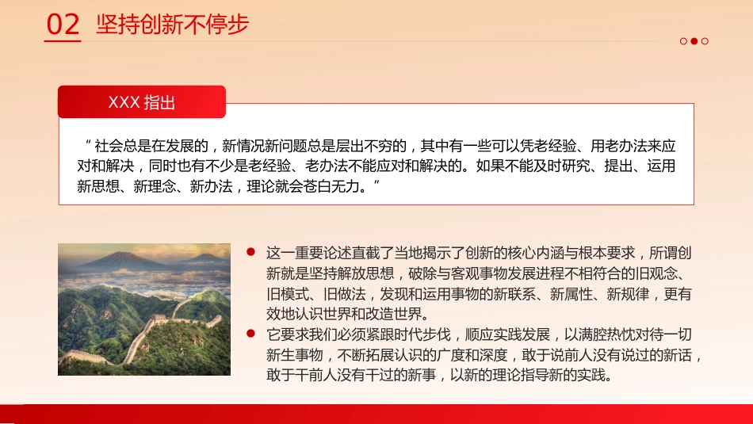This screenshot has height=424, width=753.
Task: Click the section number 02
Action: [63, 25]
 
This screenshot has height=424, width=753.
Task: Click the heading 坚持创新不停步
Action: [172, 25]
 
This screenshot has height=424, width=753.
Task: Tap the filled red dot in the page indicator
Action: [694, 41]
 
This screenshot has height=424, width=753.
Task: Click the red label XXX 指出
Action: [142, 103]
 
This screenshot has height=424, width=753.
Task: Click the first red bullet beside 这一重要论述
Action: [250, 252]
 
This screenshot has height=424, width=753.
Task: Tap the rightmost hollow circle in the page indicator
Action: [705, 41]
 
